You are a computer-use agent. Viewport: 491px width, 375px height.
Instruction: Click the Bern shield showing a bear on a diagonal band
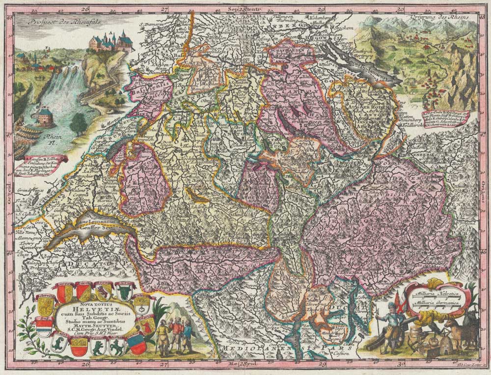(104, 293)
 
